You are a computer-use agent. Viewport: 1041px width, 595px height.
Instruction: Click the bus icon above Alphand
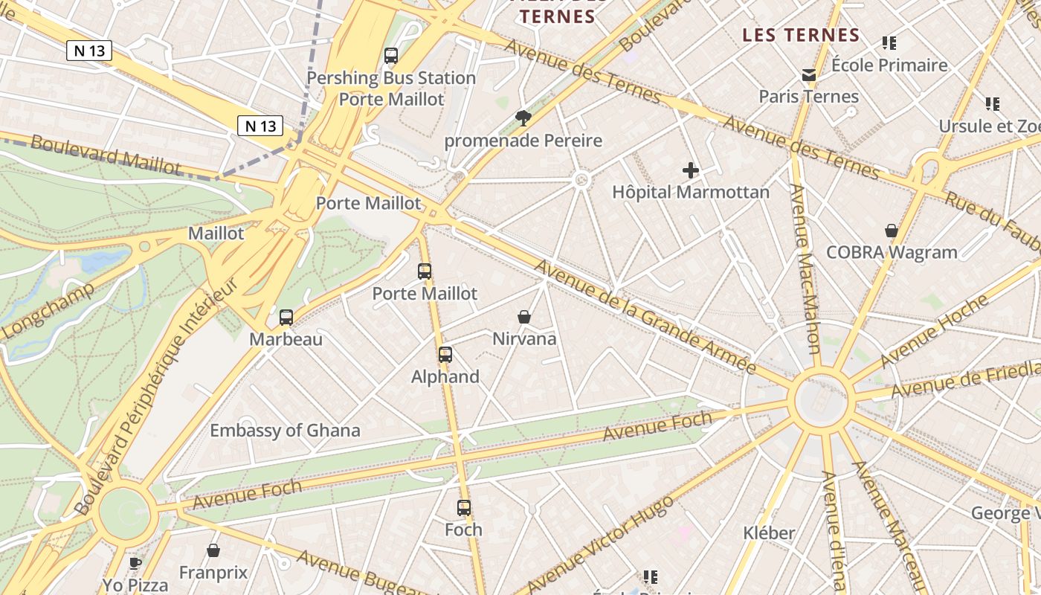pyautogui.click(x=445, y=355)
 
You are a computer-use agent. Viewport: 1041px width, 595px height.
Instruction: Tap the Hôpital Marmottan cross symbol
pyautogui.click(x=691, y=170)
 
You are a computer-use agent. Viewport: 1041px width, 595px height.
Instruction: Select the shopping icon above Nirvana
pyautogui.click(x=524, y=317)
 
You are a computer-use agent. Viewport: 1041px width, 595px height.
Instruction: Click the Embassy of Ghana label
pyautogui.click(x=285, y=430)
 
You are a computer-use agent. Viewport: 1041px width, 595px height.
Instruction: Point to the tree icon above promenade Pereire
pyautogui.click(x=523, y=118)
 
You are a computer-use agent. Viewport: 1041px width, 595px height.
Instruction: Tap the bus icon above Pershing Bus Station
pyautogui.click(x=391, y=56)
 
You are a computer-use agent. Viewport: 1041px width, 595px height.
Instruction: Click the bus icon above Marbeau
pyautogui.click(x=286, y=318)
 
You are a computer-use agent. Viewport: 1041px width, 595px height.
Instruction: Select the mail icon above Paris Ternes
pyautogui.click(x=809, y=74)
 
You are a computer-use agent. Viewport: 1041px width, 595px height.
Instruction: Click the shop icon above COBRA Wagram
pyautogui.click(x=892, y=231)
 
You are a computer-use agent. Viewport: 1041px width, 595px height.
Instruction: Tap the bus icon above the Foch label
pyautogui.click(x=464, y=508)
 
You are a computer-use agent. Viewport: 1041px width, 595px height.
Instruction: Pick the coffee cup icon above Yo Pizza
pyautogui.click(x=135, y=564)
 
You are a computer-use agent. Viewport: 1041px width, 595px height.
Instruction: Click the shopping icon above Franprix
pyautogui.click(x=213, y=551)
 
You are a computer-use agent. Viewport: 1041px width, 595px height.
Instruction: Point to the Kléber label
pyautogui.click(x=769, y=533)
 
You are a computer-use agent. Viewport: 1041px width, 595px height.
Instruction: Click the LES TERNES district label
pyautogui.click(x=801, y=35)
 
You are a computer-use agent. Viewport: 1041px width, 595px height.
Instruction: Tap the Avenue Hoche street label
pyautogui.click(x=935, y=330)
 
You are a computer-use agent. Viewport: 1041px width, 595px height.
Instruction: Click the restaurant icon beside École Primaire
pyautogui.click(x=889, y=43)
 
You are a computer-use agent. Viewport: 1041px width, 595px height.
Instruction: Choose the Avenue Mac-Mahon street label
pyautogui.click(x=805, y=268)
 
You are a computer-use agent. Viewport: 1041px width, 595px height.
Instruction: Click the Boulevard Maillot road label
pyautogui.click(x=106, y=155)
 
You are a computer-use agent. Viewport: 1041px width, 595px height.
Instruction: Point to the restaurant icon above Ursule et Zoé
pyautogui.click(x=993, y=104)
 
